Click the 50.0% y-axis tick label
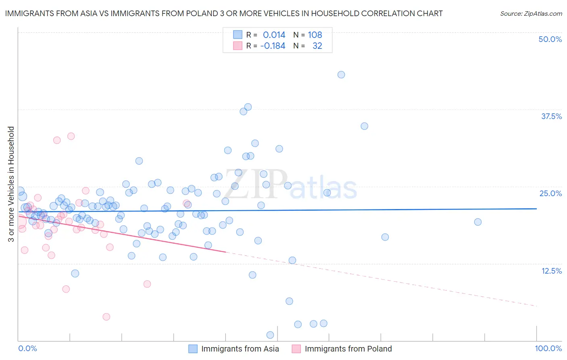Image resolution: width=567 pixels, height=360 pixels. point(550,39)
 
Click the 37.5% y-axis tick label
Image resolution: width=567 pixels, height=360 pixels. point(551,116)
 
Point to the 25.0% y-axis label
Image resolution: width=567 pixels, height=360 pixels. point(550,193)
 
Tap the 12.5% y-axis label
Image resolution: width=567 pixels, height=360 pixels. point(551,271)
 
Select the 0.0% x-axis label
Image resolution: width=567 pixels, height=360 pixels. point(27,349)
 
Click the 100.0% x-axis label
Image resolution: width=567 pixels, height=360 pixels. point(548,349)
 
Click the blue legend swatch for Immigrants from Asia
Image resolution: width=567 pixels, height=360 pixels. point(193,349)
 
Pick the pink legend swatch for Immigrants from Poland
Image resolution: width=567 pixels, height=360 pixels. point(296,349)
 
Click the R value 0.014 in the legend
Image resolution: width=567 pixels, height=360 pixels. point(274,35)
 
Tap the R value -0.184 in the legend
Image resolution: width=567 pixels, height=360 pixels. point(273,46)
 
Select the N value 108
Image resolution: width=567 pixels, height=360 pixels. point(315,35)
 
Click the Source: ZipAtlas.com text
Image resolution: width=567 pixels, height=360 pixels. point(531,13)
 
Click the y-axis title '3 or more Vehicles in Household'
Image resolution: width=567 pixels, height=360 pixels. point(11,184)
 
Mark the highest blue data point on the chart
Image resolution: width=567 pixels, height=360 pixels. point(341,75)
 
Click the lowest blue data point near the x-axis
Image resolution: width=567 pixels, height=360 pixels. point(270,335)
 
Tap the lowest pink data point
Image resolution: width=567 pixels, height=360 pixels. point(106,317)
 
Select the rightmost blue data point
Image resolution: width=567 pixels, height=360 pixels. point(478,222)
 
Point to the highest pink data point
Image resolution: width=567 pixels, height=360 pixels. point(71,136)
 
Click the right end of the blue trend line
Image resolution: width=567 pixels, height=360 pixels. point(537,209)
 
